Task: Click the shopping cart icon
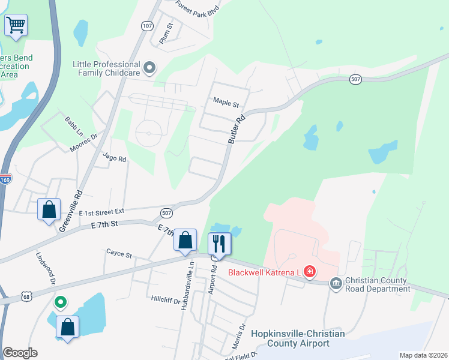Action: pyautogui.click(x=16, y=25)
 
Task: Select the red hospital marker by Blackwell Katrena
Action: pyautogui.click(x=309, y=272)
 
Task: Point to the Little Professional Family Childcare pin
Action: pyautogui.click(x=149, y=67)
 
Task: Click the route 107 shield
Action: pyautogui.click(x=148, y=26)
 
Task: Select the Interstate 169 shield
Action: pyautogui.click(x=5, y=179)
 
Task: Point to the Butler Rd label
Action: pyautogui.click(x=237, y=128)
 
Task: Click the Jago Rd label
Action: pyautogui.click(x=114, y=158)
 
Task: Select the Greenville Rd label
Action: pyautogui.click(x=71, y=211)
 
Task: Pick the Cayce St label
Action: pyautogui.click(x=119, y=254)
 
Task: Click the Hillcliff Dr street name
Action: pyautogui.click(x=166, y=298)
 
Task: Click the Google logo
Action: pyautogui.click(x=20, y=353)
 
